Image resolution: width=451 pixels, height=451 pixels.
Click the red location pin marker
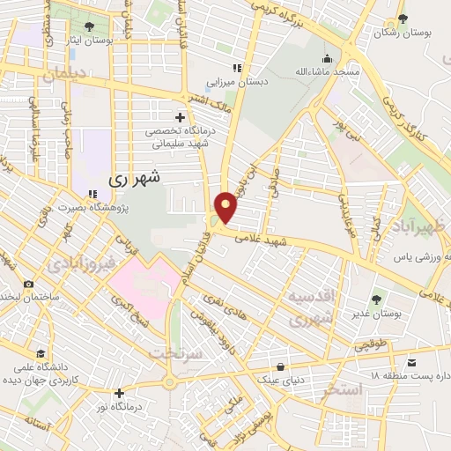tap(227, 206)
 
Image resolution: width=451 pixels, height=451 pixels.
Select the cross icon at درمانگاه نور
tap(120, 392)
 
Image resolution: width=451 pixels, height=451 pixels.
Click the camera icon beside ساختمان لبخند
tap(28, 284)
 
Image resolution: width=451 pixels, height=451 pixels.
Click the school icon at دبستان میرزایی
tap(235, 68)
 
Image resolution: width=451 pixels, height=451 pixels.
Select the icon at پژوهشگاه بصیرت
tap(92, 194)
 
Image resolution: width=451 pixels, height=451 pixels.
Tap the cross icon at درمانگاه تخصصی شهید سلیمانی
tap(180, 117)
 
